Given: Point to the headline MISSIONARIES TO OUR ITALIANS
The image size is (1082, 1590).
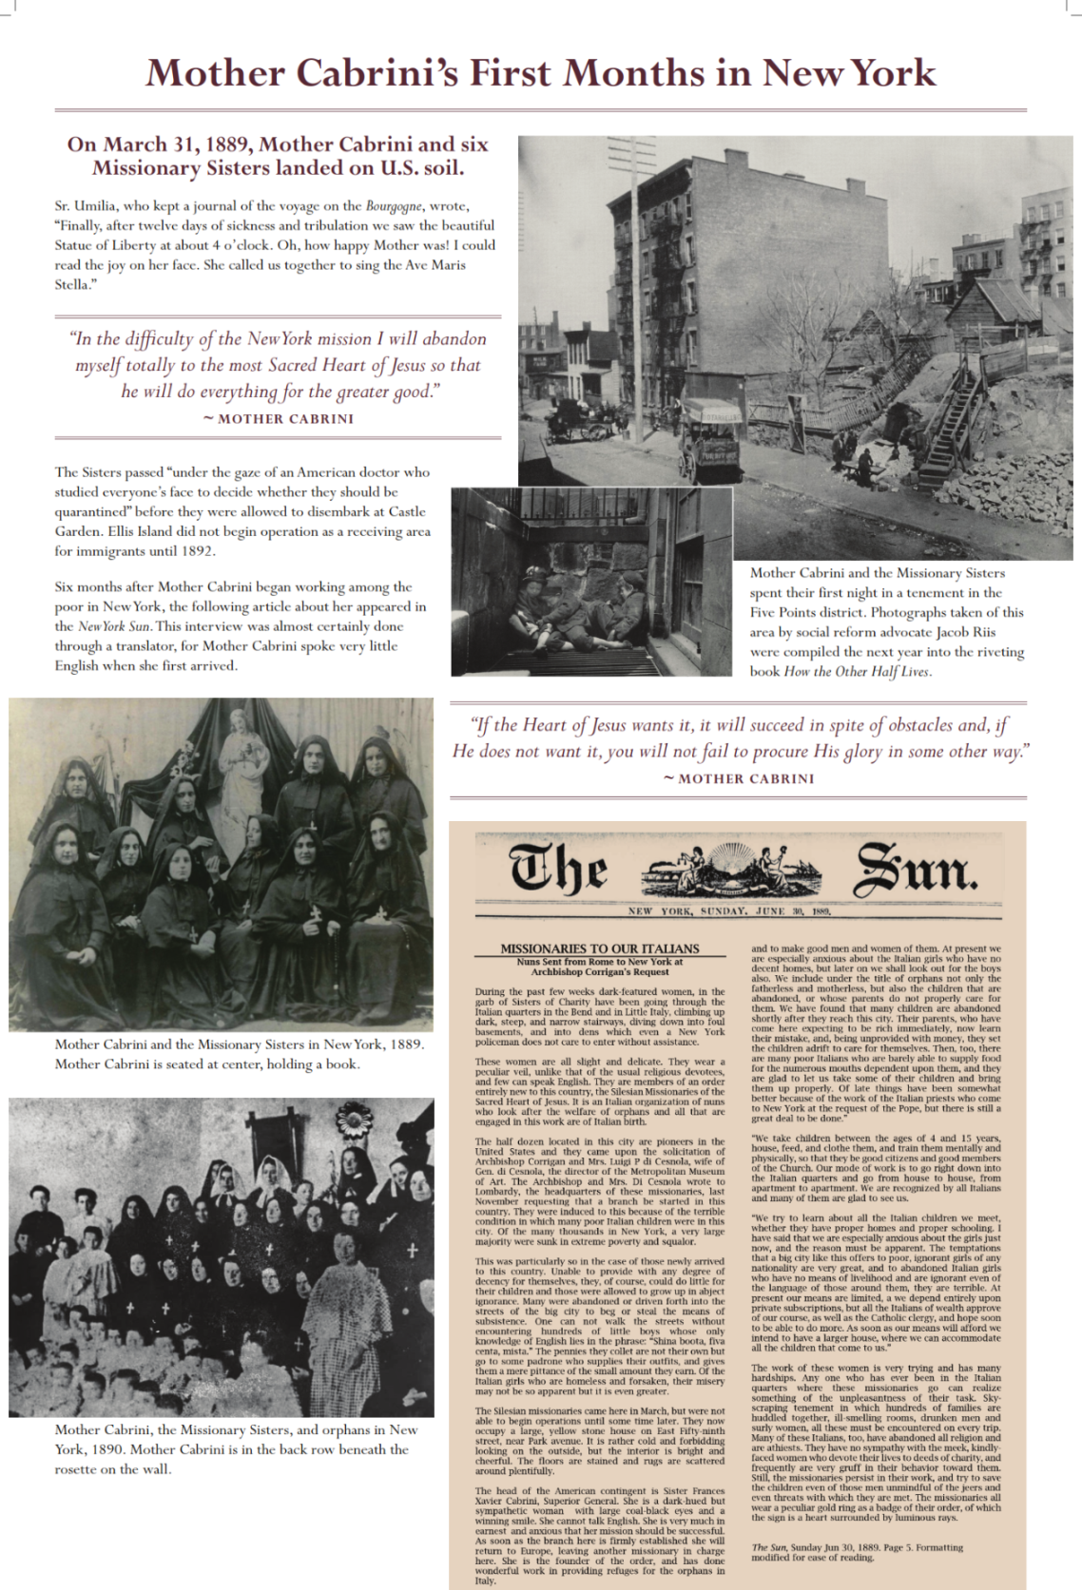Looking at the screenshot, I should click(x=599, y=948).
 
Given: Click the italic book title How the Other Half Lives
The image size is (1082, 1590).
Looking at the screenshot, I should click(x=858, y=672).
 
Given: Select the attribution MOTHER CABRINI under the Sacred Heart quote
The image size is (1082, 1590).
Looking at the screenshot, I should click(x=286, y=419).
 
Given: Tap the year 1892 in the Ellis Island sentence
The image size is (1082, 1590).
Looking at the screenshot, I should click(x=197, y=551).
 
